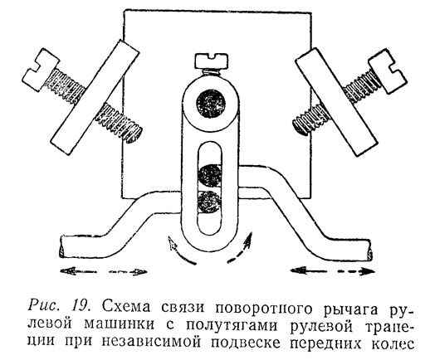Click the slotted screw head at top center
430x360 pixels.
pyautogui.click(x=212, y=61)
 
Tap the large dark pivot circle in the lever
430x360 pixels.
pyautogui.click(x=211, y=104)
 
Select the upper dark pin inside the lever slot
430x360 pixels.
pyautogui.click(x=210, y=176)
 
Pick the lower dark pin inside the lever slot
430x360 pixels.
pyautogui.click(x=210, y=202)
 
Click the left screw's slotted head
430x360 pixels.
pyautogui.click(x=40, y=70)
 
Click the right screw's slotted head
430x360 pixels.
pyautogui.click(x=388, y=71)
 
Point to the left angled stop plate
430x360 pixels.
pyautogui.click(x=95, y=98)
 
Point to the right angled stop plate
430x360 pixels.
pyautogui.click(x=337, y=102)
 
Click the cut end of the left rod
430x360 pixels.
pyautogui.click(x=62, y=247)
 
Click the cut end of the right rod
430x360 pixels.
pyautogui.click(x=369, y=250)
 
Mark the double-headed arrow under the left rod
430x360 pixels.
pyautogui.click(x=104, y=271)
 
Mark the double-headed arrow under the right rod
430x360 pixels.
pyautogui.click(x=330, y=270)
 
